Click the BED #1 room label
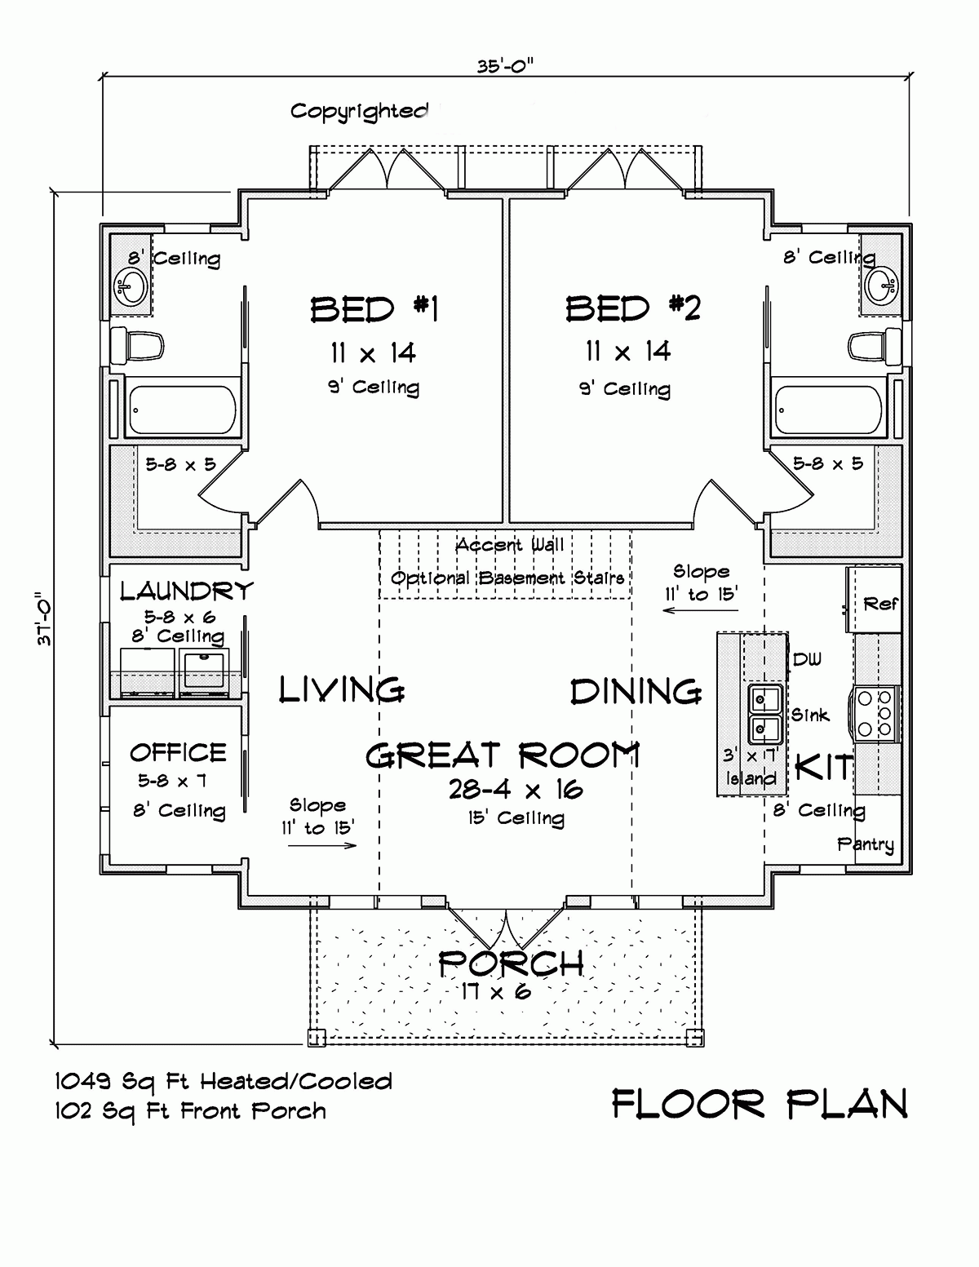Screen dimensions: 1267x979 pyautogui.click(x=374, y=309)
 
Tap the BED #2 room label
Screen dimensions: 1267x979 pyautogui.click(x=632, y=308)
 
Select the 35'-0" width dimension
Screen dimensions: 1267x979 pyautogui.click(x=506, y=66)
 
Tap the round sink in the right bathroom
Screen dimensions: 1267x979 pyautogui.click(x=881, y=284)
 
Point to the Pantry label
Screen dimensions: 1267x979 pyautogui.click(x=865, y=844)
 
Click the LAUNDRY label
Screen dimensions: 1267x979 pyautogui.click(x=187, y=590)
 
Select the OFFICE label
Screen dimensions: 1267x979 pyautogui.click(x=178, y=751)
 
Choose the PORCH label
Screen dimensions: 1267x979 pyautogui.click(x=511, y=964)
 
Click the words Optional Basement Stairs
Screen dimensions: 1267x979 pyautogui.click(x=507, y=578)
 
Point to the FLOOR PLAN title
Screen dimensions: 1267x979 pyautogui.click(x=759, y=1105)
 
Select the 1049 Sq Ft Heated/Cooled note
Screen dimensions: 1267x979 pyautogui.click(x=223, y=1082)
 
